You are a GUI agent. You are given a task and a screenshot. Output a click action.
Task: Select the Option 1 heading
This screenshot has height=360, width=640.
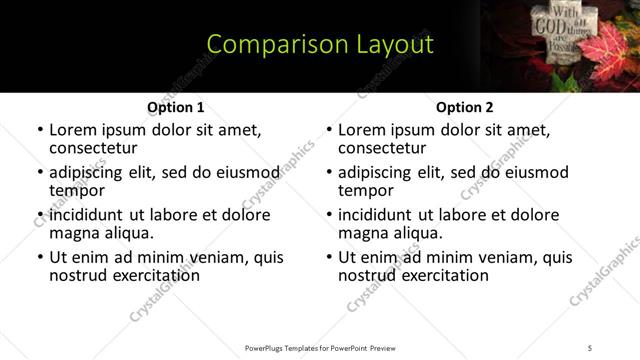(176, 107)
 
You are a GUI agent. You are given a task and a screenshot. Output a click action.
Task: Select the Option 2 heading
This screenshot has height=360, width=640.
(465, 107)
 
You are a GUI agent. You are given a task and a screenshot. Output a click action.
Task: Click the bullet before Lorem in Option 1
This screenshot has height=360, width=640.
(40, 131)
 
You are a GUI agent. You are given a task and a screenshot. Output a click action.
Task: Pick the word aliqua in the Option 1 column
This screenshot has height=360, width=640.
(129, 233)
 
